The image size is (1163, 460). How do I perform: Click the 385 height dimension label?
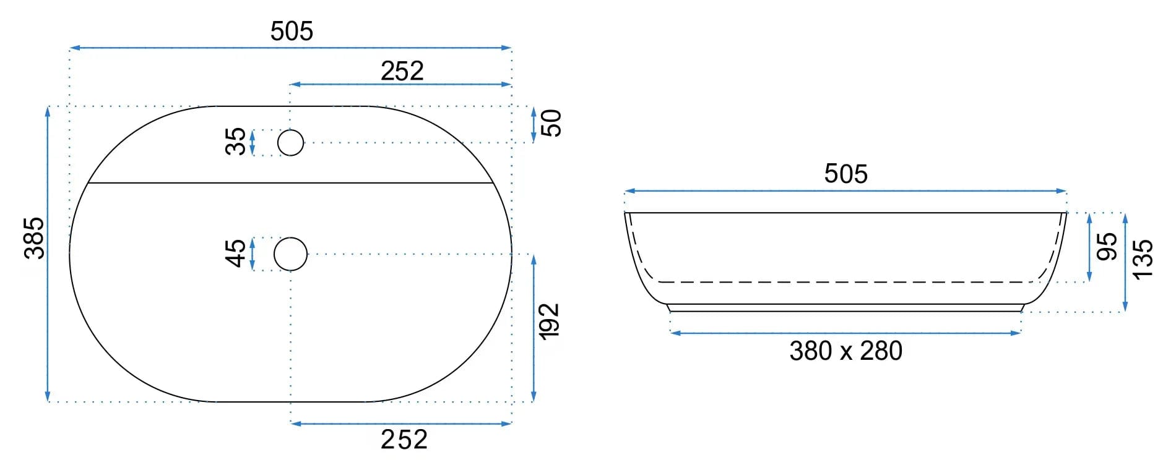[x=34, y=238]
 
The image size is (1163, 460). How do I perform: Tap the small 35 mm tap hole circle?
[x=290, y=143]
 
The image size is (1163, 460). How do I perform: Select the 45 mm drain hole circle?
[x=290, y=254]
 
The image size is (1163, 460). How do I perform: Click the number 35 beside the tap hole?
[x=236, y=142]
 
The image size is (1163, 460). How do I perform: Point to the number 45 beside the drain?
[x=236, y=253]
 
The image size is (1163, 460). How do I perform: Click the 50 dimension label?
[x=551, y=123]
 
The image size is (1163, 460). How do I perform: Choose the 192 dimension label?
[x=550, y=322]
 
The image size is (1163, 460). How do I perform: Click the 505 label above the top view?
[x=292, y=32]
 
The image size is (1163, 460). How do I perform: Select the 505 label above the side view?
[x=845, y=174]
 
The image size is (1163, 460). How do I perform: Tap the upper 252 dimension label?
[x=402, y=71]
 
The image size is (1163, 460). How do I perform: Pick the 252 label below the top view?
[x=404, y=440]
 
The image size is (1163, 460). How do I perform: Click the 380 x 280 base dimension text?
[x=845, y=351]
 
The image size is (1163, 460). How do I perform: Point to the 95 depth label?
[x=1107, y=247]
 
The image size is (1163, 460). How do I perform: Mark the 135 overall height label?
[x=1143, y=260]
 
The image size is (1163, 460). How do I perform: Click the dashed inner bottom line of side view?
[x=845, y=282]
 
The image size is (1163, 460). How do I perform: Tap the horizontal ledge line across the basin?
[x=290, y=183]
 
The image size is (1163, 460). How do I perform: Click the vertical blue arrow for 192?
[x=534, y=328]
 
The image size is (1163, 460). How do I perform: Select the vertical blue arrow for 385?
[x=48, y=253]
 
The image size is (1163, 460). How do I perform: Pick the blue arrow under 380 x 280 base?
[x=845, y=333]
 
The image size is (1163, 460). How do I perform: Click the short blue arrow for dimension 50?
[x=534, y=124]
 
